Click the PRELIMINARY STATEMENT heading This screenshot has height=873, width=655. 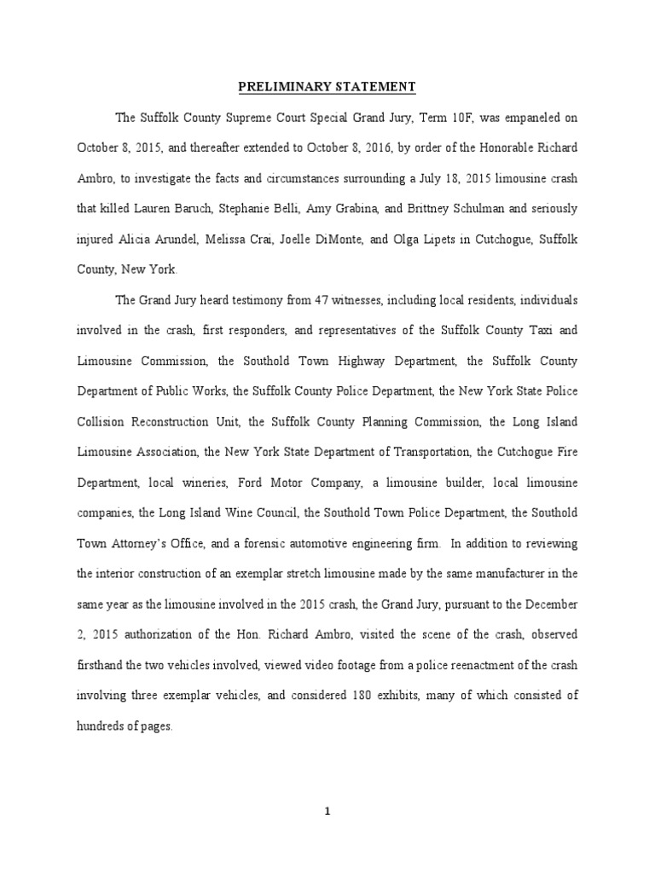click(x=327, y=87)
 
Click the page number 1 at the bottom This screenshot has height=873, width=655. click(x=328, y=812)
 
